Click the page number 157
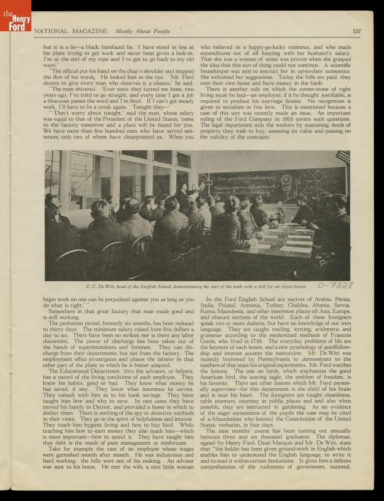tap(356, 31)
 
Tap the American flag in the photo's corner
tap(343, 157)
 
